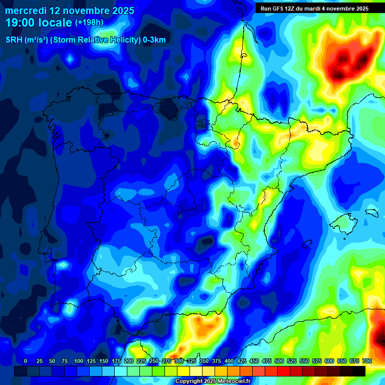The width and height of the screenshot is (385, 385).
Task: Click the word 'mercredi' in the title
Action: point(26,10)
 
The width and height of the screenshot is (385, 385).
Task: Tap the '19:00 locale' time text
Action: point(39,23)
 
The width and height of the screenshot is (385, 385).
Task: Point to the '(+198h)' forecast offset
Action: point(90,23)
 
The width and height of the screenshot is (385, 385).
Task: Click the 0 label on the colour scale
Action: point(26,361)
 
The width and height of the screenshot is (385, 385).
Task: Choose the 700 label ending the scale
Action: point(366,361)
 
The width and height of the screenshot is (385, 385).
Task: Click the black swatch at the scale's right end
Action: point(359,371)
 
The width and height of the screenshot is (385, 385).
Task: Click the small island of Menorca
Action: point(371,212)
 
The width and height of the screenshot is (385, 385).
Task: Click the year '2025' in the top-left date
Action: point(121,10)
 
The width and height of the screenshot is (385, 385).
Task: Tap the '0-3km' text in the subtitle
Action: point(153,41)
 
